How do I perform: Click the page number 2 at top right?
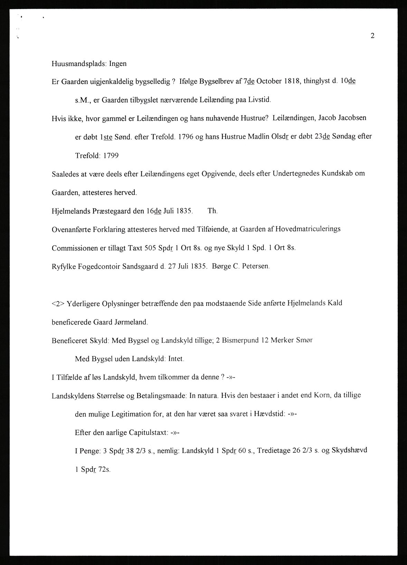click(372, 36)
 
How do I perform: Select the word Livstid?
click(260, 100)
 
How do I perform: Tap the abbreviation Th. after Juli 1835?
click(212, 211)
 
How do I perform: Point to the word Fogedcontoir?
click(95, 266)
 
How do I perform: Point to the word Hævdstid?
click(268, 414)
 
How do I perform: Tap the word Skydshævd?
click(349, 450)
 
